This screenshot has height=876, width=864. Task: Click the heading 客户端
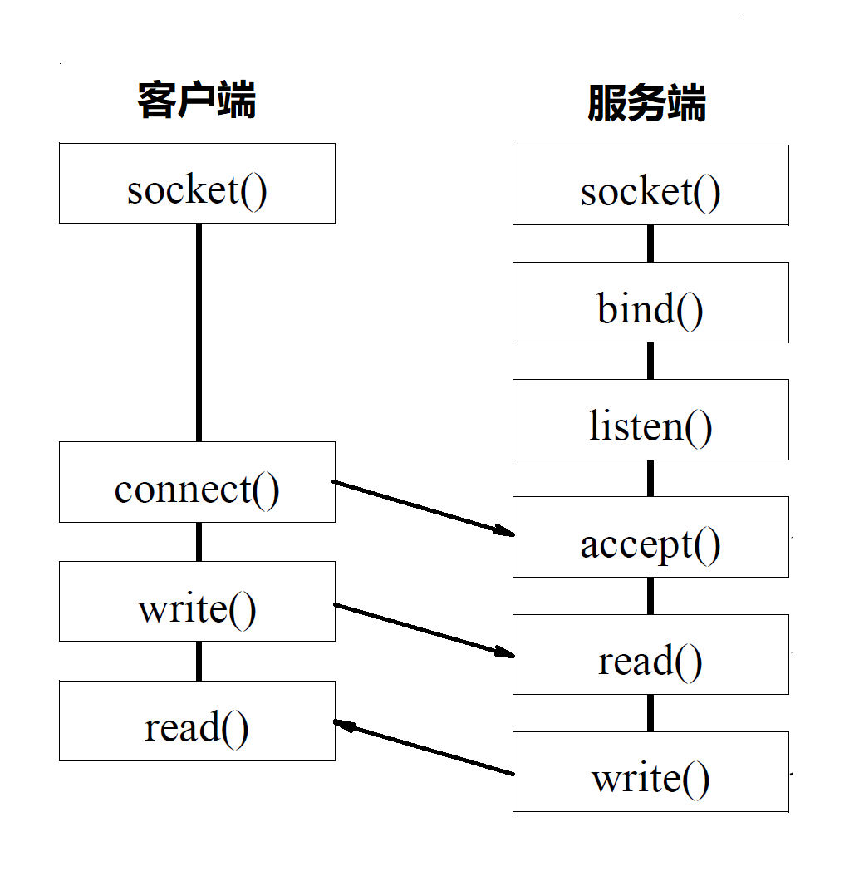tap(197, 101)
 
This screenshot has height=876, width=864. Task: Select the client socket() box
tap(197, 183)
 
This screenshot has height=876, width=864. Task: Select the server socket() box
tap(650, 185)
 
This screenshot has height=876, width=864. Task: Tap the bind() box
tap(650, 302)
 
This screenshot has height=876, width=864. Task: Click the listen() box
tap(650, 420)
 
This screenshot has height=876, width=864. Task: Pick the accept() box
tap(650, 537)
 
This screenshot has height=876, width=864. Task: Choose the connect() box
tap(197, 482)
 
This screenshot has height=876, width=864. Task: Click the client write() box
tap(197, 601)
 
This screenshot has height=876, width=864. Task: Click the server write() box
tap(650, 771)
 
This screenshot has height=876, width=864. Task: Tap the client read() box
tap(197, 721)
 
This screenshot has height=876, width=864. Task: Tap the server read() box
tap(650, 654)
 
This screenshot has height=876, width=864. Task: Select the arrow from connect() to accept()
tap(422, 506)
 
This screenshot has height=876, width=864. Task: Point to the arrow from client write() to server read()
tap(422, 629)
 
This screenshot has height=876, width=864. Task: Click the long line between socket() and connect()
tap(199, 332)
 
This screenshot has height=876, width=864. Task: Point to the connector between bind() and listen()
tap(650, 361)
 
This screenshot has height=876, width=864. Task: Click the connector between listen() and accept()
tap(650, 478)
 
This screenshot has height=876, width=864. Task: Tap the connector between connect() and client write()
tap(199, 541)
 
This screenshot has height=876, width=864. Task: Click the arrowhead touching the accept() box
tap(504, 530)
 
